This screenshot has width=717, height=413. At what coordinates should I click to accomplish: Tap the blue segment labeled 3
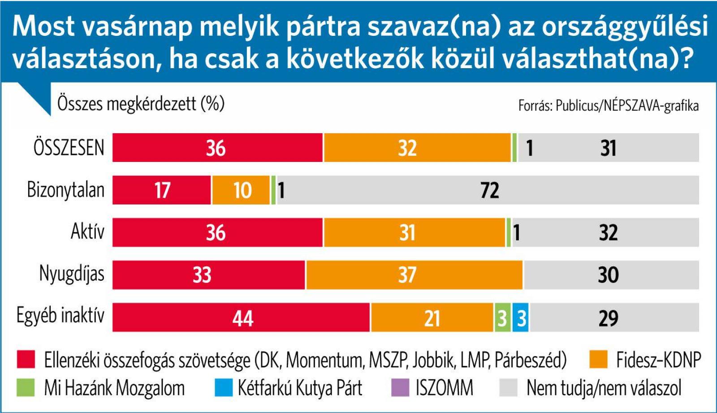click(520, 317)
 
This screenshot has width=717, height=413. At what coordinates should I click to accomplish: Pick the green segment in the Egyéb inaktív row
click(502, 317)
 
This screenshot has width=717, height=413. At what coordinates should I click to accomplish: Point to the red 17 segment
click(161, 190)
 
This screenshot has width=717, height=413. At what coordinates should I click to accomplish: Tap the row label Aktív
click(87, 232)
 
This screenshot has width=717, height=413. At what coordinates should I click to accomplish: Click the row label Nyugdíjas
click(72, 274)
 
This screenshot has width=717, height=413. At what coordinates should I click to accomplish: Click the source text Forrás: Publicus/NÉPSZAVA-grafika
click(608, 106)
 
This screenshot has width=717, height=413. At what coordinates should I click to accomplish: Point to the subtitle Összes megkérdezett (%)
click(141, 104)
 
